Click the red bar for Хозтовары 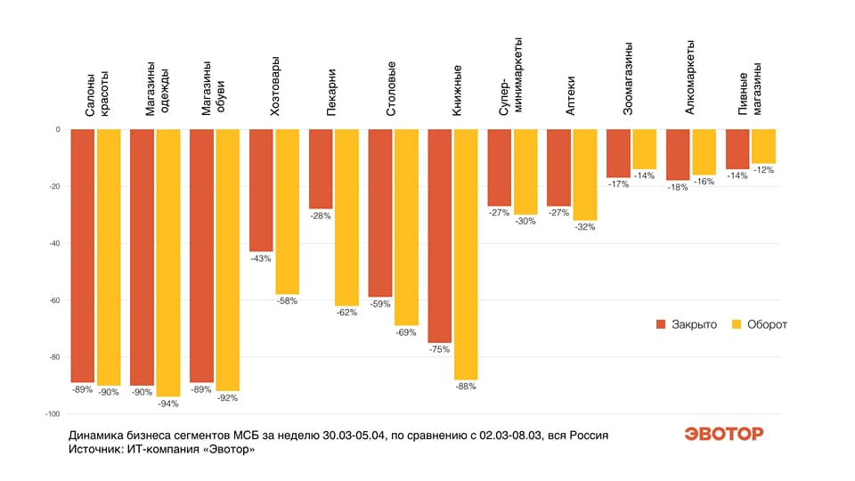260,190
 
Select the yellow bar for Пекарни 346,217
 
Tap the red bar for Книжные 439,236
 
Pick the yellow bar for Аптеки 585,175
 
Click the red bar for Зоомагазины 618,153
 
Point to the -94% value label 168,404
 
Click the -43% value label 260,258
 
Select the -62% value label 346,313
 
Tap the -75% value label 439,349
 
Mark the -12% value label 764,170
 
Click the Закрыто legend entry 686,324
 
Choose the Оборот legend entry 759,324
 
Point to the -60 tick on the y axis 52,300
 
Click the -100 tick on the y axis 50,414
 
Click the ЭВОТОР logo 723,434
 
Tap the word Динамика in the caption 99,436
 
